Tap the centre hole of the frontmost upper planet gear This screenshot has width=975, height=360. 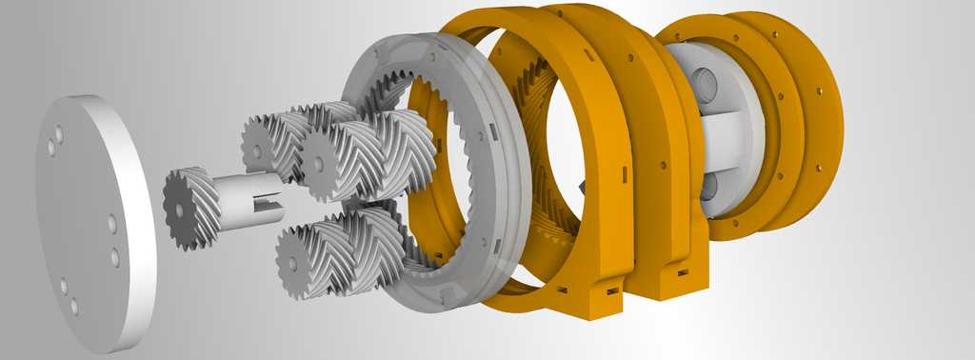(317, 164)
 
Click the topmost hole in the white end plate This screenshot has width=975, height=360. (58, 134)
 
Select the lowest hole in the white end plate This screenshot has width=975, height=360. (73, 307)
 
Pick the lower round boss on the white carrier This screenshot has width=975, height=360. (709, 187)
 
